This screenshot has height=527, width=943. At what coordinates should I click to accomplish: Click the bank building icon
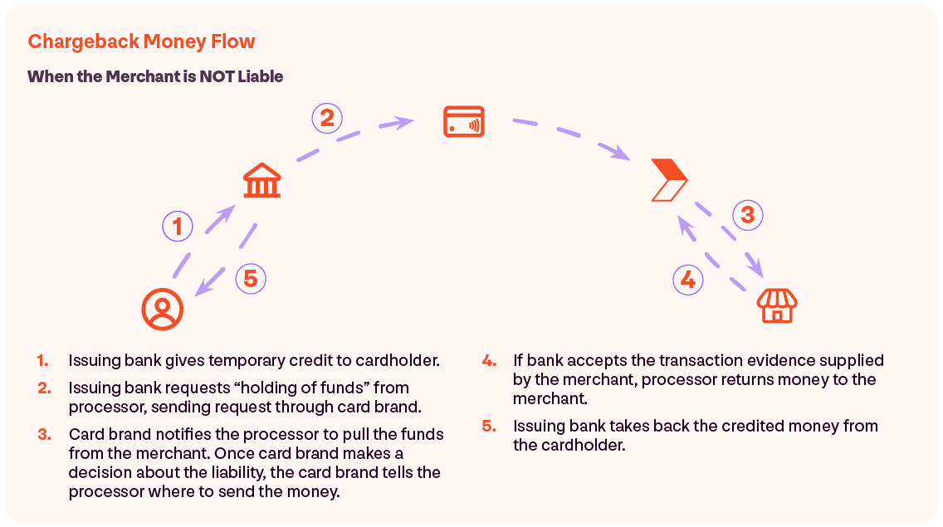pos(261,180)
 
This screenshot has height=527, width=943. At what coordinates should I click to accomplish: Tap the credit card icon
pos(464,121)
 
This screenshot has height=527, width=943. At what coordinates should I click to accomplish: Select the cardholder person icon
pos(163,310)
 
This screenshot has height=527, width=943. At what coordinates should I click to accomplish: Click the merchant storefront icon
pos(777,305)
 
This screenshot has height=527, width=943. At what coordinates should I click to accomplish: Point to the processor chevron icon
pos(669,180)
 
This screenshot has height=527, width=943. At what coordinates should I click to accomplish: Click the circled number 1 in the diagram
pos(178,227)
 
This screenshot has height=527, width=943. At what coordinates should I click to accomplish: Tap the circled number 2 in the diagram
pos(327,118)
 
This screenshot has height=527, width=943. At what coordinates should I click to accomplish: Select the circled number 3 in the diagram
pos(748,215)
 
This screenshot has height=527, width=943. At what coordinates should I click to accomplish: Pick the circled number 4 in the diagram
pos(688,280)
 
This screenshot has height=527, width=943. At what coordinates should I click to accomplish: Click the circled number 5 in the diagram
pos(251,279)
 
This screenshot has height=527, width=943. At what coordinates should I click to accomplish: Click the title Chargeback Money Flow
pos(141,41)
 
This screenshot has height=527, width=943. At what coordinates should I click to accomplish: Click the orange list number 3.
pos(44,434)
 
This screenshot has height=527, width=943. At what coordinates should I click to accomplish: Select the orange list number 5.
pos(488,426)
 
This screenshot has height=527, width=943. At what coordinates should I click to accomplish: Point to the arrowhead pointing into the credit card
pos(403,123)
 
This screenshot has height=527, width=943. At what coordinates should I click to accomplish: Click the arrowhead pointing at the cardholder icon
pos(204,286)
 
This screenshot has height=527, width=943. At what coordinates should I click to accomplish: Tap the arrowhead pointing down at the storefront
pos(755,266)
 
